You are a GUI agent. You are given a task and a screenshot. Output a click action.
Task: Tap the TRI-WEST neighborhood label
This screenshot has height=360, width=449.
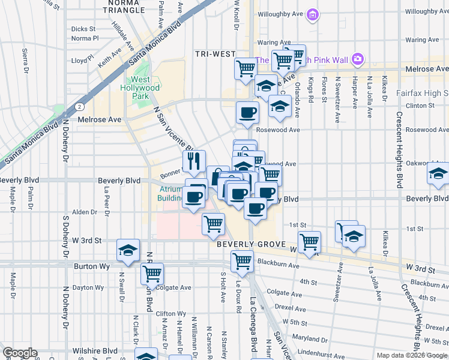215,54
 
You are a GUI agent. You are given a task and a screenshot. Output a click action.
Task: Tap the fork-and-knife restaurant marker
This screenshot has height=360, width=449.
194,161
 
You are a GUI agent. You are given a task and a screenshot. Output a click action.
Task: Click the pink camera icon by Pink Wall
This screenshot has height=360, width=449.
358,59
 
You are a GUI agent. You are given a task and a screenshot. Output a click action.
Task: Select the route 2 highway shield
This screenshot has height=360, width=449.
80,106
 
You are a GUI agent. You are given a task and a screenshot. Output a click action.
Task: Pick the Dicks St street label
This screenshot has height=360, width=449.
83,28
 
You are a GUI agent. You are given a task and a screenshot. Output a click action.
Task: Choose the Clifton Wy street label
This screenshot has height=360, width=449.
170,314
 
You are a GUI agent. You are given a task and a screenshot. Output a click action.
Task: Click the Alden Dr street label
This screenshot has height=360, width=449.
85,212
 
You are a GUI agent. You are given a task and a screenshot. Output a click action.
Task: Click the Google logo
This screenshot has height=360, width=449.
20,353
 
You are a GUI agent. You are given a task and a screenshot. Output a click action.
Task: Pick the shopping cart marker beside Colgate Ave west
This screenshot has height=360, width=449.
152,274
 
